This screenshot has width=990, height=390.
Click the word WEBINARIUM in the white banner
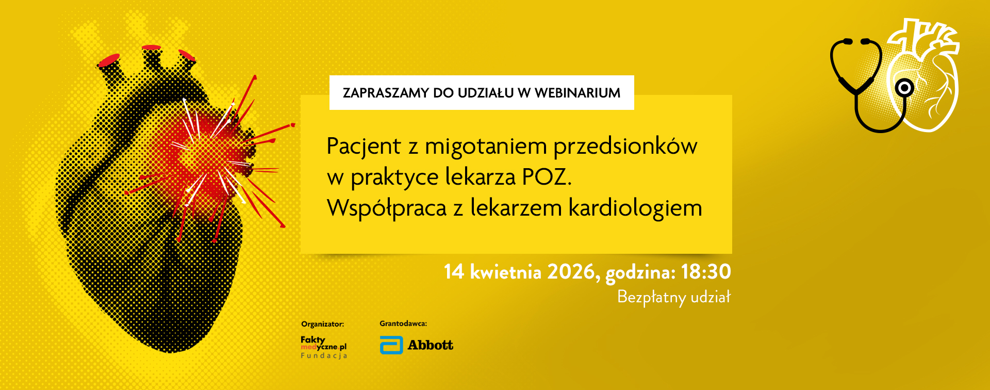point(577,93)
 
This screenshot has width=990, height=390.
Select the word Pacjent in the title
point(364,147)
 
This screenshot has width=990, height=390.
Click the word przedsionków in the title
point(625,147)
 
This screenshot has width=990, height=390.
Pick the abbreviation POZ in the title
point(547,177)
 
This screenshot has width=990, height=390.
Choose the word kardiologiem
point(635,208)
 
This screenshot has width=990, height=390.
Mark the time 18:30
point(706,271)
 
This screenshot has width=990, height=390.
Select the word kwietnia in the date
point(505,271)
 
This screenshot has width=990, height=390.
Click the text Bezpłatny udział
point(674,298)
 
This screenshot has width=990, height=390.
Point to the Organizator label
point(322,324)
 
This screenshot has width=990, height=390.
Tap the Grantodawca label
point(403,323)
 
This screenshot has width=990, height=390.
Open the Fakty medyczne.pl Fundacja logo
point(324,347)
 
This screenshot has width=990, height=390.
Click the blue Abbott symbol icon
point(391,345)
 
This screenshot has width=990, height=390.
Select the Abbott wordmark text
point(431,345)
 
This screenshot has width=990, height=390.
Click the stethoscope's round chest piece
point(904,88)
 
